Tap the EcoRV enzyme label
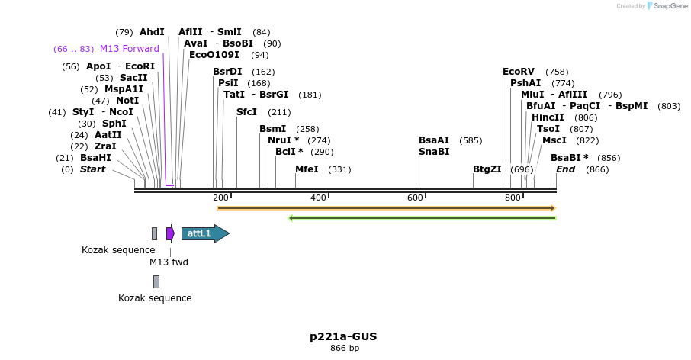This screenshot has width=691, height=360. [519, 72]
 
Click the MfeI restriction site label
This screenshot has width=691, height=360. [307, 169]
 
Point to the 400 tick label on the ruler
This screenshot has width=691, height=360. [318, 198]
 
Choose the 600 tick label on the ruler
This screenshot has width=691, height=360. [415, 198]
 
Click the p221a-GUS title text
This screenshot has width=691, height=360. [343, 336]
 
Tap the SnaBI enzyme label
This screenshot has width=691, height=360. [434, 152]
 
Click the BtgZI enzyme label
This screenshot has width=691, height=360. [487, 169]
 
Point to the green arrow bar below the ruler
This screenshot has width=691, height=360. [422, 218]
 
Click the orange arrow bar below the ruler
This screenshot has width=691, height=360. [386, 207]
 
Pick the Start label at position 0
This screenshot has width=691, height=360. [92, 169]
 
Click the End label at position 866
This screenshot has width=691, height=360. [566, 169]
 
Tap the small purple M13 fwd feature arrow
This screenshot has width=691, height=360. [170, 233]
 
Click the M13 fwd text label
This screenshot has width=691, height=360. [169, 262]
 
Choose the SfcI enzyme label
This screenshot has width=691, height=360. [246, 112]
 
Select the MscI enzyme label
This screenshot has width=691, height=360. [554, 140]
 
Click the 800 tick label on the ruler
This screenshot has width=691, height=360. [513, 198]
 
